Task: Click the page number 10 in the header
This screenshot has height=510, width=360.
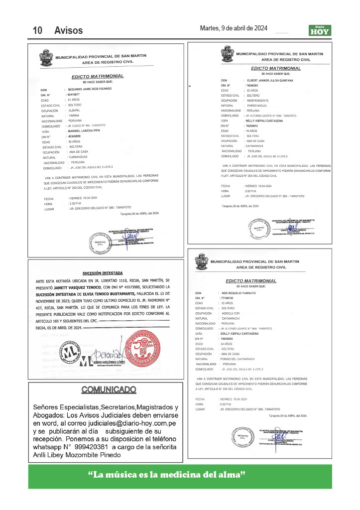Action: (37, 31)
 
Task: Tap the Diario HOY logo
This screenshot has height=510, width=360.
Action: (319, 30)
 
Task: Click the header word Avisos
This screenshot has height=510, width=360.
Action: (69, 31)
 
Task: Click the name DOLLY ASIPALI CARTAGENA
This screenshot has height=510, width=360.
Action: (238, 334)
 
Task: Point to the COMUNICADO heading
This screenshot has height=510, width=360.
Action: (108, 389)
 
